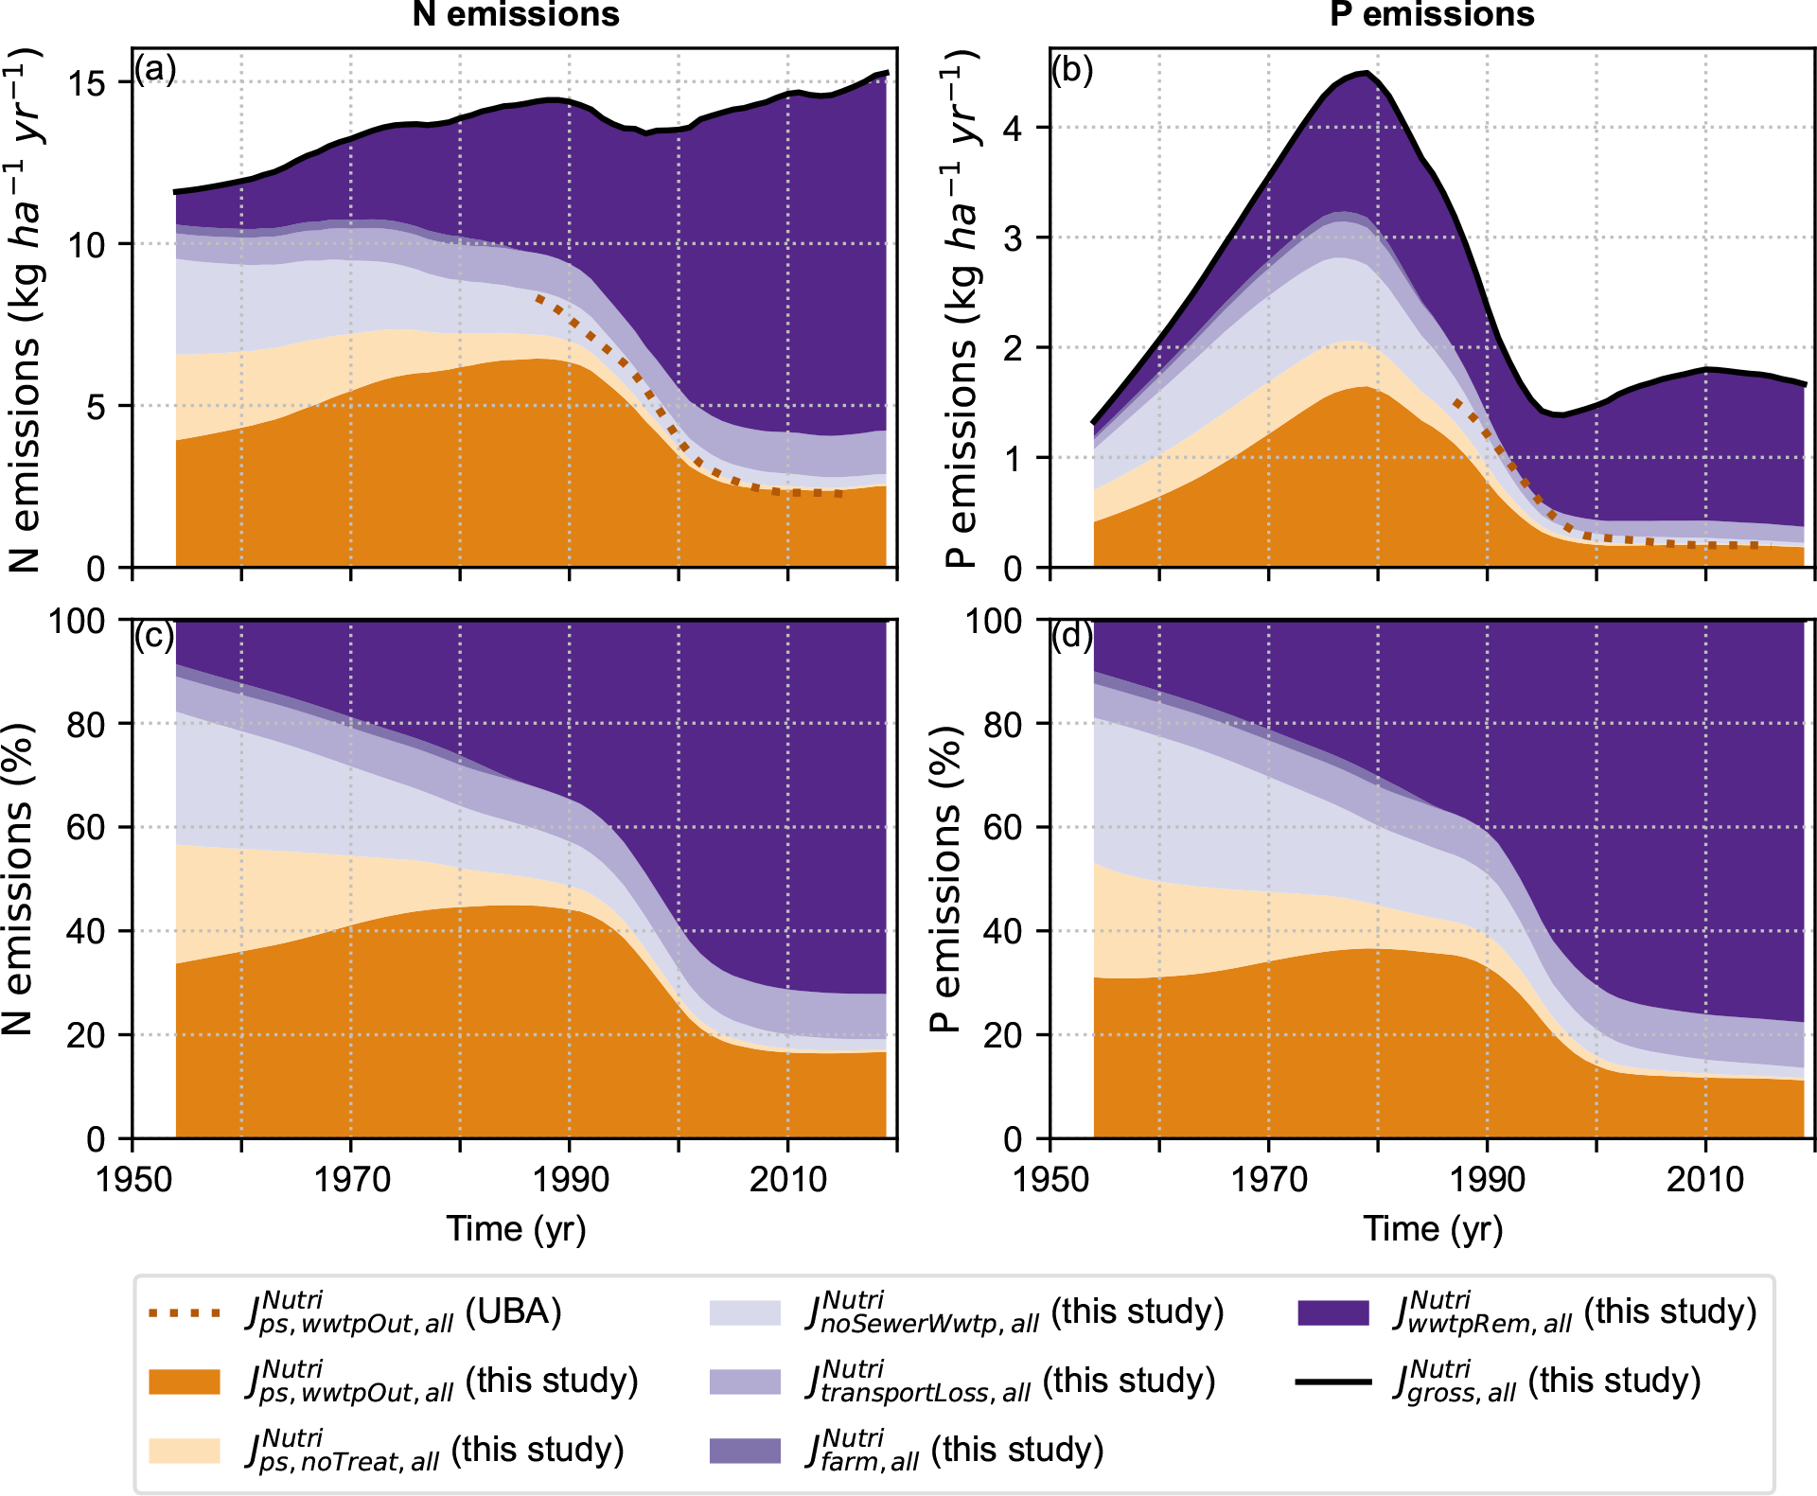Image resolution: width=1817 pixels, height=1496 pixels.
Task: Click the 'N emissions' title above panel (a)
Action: [x=516, y=14]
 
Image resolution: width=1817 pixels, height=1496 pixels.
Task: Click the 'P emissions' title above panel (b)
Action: [x=1432, y=14]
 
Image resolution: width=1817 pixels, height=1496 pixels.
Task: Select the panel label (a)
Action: [x=155, y=70]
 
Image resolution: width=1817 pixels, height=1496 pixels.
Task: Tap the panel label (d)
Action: [x=1072, y=636]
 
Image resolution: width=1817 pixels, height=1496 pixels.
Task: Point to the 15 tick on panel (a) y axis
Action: [x=87, y=83]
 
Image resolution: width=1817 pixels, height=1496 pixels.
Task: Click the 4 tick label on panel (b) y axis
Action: [x=1013, y=128]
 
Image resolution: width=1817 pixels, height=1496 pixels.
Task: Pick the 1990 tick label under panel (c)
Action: [x=570, y=1180]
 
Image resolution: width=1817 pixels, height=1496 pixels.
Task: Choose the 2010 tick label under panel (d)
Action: [x=1705, y=1180]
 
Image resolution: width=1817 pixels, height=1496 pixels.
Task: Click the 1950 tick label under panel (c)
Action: [x=132, y=1180]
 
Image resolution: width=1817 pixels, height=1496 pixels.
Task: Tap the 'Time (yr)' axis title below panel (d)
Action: [x=1433, y=1229]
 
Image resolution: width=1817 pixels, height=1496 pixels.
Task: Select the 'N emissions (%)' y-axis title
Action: [x=19, y=879]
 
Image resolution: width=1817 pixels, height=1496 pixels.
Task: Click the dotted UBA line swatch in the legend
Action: [x=185, y=1313]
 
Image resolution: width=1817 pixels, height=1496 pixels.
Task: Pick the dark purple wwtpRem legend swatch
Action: [x=1333, y=1313]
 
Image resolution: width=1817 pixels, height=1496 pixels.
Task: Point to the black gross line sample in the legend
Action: [x=1333, y=1382]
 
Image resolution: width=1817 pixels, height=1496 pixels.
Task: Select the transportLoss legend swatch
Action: [x=746, y=1382]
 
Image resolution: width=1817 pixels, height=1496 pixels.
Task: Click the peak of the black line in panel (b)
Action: [x=1365, y=73]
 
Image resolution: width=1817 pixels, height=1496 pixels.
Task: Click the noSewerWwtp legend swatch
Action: [x=746, y=1313]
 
